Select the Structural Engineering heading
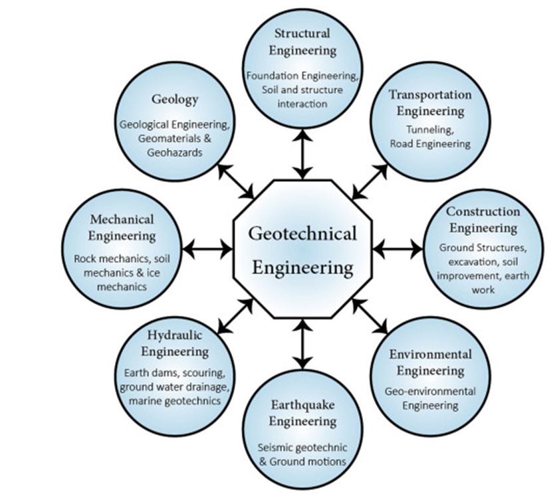302,41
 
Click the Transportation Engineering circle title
430,102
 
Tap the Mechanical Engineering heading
123,226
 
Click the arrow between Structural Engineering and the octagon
302,154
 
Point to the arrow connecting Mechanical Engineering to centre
207,250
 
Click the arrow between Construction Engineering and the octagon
397,250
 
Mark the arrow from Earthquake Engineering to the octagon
302,344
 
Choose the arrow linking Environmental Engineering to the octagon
370,316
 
